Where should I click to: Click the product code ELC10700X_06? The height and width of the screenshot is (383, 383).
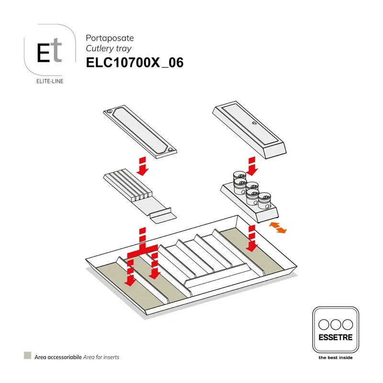pyautogui.click(x=135, y=63)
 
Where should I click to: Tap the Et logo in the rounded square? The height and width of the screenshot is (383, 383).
pyautogui.click(x=49, y=52)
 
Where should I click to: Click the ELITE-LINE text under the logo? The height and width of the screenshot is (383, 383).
pyautogui.click(x=50, y=81)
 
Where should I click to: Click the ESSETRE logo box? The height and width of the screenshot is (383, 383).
pyautogui.click(x=335, y=330)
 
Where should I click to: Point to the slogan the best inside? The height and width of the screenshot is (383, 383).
pyautogui.click(x=335, y=358)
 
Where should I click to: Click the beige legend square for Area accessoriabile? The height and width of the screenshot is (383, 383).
pyautogui.click(x=27, y=356)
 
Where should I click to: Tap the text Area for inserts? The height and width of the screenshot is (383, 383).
pyautogui.click(x=101, y=357)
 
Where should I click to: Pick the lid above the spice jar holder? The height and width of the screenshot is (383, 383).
pyautogui.click(x=249, y=129)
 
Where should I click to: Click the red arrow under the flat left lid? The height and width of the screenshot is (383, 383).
pyautogui.click(x=143, y=166)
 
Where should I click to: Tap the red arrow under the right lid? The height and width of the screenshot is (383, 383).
pyautogui.click(x=252, y=166)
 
